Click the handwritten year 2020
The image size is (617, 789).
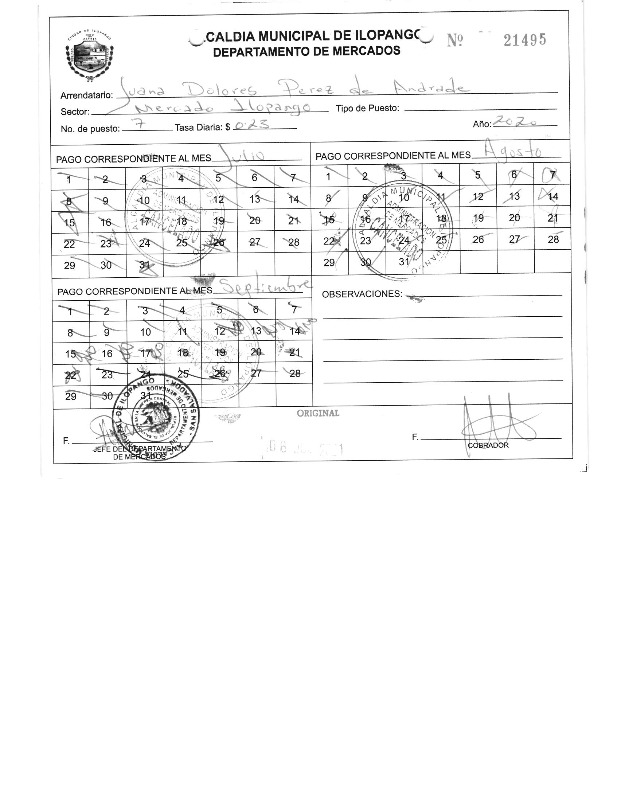(517, 122)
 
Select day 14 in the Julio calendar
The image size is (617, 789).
(293, 199)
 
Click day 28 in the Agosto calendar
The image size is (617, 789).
(553, 239)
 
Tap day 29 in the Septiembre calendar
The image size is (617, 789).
(71, 397)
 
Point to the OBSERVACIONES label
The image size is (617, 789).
(362, 294)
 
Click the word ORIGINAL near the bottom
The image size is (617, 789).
(318, 413)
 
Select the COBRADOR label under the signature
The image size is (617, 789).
(488, 445)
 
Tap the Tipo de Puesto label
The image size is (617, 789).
(367, 108)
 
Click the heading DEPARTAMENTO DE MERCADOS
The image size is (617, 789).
(306, 51)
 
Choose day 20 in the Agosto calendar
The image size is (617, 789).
(514, 218)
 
